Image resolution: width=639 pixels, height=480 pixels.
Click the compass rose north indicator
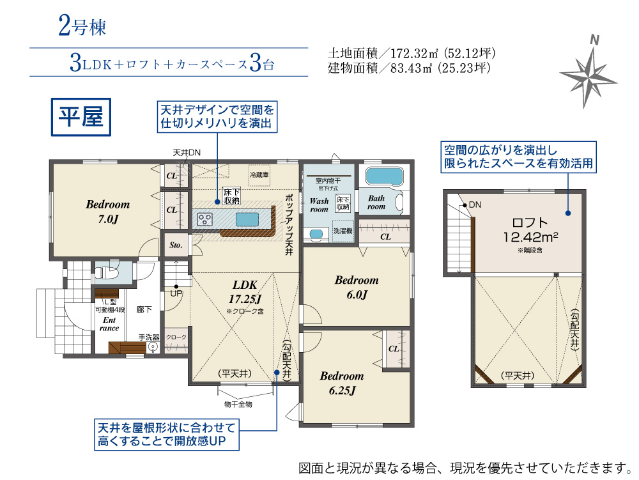594,40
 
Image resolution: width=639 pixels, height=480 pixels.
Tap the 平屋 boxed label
81,117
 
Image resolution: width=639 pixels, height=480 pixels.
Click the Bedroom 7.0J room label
107,212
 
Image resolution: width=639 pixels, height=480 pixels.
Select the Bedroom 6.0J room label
357,287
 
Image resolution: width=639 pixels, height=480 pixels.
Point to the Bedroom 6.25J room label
341,383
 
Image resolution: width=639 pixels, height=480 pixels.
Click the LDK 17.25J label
245,291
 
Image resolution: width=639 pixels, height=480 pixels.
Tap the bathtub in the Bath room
384,176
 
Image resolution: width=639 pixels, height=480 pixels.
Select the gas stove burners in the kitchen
204,220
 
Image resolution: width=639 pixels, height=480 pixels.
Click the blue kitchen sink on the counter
247,220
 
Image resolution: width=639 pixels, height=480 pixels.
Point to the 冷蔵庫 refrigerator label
259,174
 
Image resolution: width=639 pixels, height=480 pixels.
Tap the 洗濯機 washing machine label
343,231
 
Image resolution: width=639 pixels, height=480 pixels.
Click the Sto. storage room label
176,245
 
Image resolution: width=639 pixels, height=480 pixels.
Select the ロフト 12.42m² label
530,230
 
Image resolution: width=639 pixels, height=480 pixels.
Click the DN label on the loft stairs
475,205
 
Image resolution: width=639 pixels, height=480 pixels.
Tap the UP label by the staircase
176,293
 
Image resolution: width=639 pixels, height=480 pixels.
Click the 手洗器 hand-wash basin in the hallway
153,347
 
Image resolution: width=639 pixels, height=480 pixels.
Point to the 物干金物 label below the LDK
238,404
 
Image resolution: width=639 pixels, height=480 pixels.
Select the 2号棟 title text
82,26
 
